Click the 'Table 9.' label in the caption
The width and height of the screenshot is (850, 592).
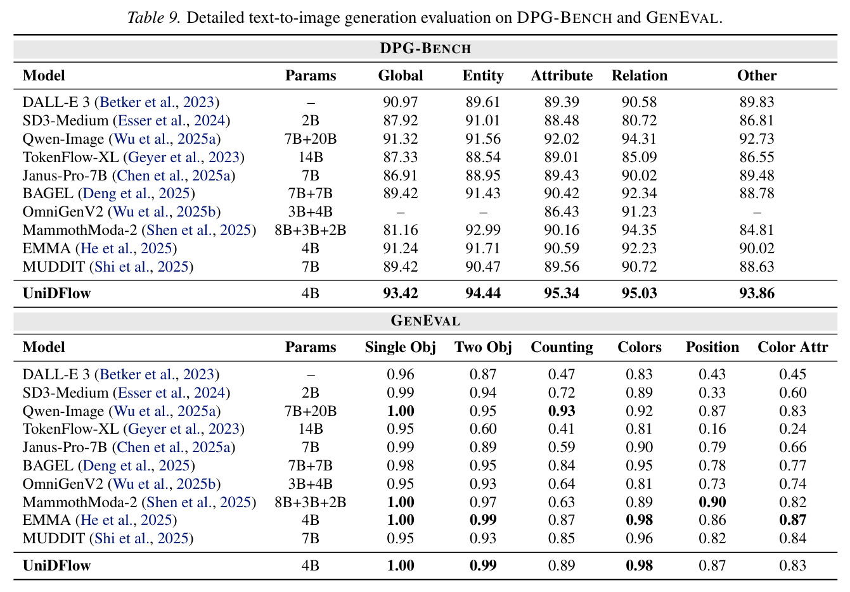(x=153, y=18)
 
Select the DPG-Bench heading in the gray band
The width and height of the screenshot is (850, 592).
(x=425, y=49)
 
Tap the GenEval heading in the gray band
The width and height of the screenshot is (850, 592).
(x=425, y=320)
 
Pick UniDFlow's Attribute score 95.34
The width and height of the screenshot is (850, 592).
(x=562, y=293)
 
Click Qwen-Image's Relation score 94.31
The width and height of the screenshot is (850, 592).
(x=639, y=139)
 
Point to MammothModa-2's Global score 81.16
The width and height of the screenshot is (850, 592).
(x=401, y=230)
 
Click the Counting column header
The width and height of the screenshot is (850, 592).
(x=562, y=348)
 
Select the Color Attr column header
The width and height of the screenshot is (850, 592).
(x=793, y=348)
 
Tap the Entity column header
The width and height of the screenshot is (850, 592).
(x=482, y=76)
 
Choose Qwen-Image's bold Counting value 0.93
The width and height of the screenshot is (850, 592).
(x=562, y=411)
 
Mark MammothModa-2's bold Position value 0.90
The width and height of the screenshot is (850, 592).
(x=712, y=502)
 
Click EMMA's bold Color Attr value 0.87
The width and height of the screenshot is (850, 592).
(x=793, y=520)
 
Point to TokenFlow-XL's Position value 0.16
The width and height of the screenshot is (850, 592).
(x=712, y=429)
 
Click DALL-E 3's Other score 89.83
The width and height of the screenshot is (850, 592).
(x=757, y=103)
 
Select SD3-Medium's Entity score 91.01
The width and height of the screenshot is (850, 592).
(x=482, y=120)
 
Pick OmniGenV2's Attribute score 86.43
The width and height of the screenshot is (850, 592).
(x=562, y=212)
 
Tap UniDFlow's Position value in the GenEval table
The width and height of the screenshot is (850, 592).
(x=712, y=565)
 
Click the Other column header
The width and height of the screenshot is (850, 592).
(x=757, y=76)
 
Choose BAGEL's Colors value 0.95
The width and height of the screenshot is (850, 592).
(x=639, y=466)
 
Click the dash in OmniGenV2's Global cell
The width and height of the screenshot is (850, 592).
(x=401, y=212)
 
